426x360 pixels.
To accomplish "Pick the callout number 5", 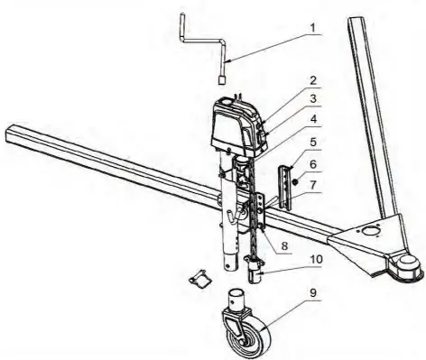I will tap(313, 142).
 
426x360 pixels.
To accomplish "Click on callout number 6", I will tap(313, 166).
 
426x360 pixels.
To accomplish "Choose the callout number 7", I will tap(313, 187).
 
